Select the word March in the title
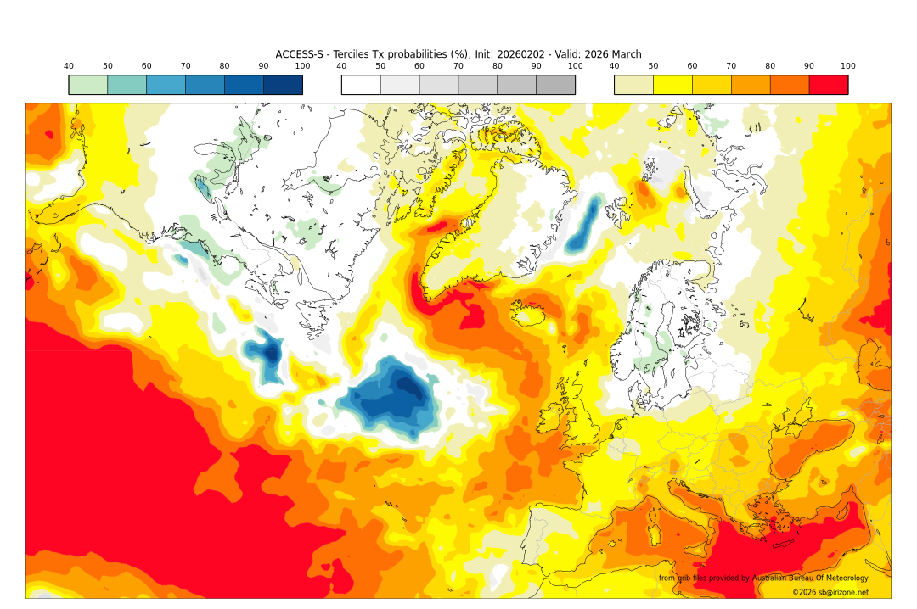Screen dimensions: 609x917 point(624,54)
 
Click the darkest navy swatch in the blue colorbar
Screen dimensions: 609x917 point(283,85)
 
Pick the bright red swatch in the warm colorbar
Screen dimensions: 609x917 point(828,85)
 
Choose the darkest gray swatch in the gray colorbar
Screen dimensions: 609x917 point(555,85)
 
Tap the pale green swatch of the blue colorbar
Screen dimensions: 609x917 point(88,85)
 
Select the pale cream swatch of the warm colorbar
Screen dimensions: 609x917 point(633,85)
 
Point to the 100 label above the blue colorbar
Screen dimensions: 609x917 point(302,66)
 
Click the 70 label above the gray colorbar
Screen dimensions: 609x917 point(458,66)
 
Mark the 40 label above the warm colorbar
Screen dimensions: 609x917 point(614,66)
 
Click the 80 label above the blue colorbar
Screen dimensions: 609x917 point(224,66)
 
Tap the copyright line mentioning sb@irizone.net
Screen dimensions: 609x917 point(830,592)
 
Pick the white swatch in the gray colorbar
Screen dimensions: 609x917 point(361,85)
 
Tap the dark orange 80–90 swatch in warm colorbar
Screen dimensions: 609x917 point(789,85)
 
